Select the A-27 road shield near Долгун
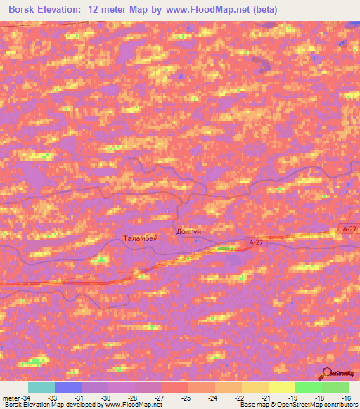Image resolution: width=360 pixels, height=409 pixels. pyautogui.click(x=256, y=242)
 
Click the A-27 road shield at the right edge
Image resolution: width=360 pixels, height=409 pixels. pyautogui.click(x=348, y=229)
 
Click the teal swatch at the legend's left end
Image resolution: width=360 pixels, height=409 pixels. pyautogui.click(x=41, y=387)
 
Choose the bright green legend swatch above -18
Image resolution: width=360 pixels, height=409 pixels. pyautogui.click(x=308, y=387)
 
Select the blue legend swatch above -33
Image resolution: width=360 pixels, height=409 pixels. pyautogui.click(x=68, y=387)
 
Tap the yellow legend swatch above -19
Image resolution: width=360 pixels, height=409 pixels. pyautogui.click(x=281, y=387)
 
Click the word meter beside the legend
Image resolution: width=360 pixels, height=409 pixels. pyautogui.click(x=10, y=398)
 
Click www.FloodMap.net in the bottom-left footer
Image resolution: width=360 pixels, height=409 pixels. pyautogui.click(x=134, y=405)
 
